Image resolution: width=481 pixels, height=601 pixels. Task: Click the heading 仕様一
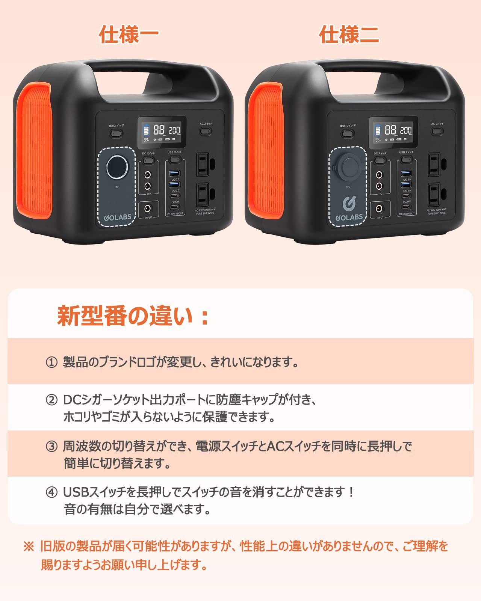[x=129, y=35]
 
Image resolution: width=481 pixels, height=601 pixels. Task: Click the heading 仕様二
[x=349, y=35]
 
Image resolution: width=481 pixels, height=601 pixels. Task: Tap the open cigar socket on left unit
[x=117, y=167]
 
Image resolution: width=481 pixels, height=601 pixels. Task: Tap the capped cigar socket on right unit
[x=349, y=167]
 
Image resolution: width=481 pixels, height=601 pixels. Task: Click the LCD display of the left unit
[x=162, y=132]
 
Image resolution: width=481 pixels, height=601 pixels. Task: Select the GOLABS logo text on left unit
[x=118, y=217]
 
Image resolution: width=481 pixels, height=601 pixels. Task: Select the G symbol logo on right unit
[x=349, y=203]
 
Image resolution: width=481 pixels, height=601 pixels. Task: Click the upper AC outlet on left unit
[x=203, y=164]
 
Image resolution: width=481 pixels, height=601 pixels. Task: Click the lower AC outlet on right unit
[x=434, y=195]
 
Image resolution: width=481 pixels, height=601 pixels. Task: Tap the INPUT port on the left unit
[x=148, y=209]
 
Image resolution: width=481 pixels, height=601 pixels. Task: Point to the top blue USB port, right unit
[x=406, y=173]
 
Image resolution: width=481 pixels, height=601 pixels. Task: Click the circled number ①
[x=51, y=362]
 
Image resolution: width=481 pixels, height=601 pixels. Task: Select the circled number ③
[x=51, y=446]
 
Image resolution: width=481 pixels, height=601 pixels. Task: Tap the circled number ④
[x=51, y=492]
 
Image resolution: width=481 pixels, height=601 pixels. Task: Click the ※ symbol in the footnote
[x=29, y=546]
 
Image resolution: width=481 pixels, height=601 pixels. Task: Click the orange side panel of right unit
[x=266, y=150]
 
